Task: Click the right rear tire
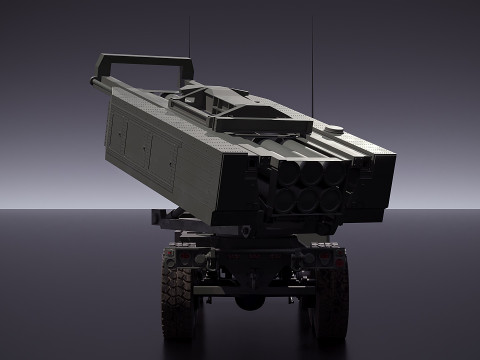(330, 305)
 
